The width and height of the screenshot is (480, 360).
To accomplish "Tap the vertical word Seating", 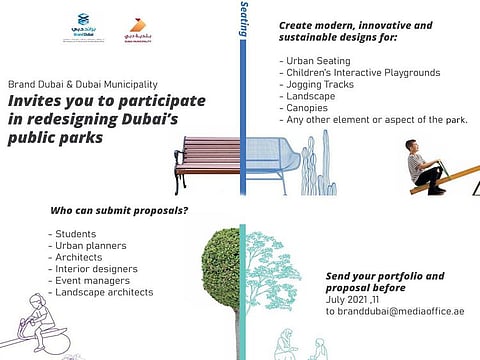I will click(244, 20).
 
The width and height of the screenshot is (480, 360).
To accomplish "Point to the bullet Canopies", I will click(305, 108).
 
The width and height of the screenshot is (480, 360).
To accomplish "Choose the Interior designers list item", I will click(93, 268).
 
